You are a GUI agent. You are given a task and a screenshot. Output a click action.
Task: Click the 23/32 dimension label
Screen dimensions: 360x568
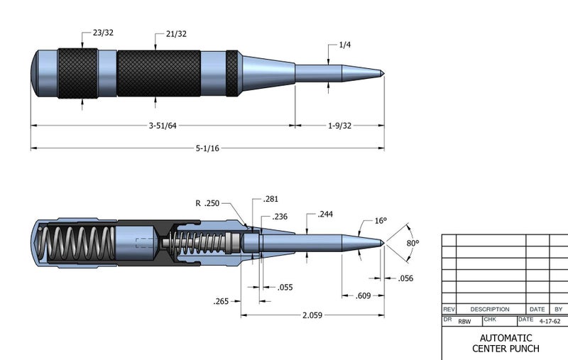coord(104,33)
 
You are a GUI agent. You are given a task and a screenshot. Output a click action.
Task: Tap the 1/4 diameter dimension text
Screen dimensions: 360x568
coord(346,45)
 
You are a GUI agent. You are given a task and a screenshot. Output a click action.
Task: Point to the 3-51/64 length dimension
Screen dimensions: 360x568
coord(163,126)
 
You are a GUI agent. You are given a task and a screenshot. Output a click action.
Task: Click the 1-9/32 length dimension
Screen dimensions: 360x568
coord(339,126)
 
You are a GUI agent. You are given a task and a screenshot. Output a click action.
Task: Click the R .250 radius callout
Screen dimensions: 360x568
coord(208,203)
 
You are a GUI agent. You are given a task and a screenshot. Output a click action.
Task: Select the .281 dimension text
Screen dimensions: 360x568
coord(271,200)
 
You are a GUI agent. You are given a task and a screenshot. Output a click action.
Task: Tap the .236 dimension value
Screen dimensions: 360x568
coord(280,217)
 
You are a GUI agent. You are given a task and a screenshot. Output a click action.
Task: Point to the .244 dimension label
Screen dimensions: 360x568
coord(326,214)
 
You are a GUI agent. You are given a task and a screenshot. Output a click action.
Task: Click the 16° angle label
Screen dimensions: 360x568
coord(381,221)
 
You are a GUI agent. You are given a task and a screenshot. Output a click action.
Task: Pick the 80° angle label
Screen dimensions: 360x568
coord(412,243)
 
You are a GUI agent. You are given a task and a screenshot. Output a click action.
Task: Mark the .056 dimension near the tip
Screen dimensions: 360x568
coord(406,278)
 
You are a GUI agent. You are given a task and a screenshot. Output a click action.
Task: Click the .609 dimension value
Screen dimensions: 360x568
coord(363,295)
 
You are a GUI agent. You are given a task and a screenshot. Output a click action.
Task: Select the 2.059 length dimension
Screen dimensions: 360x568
coord(312,315)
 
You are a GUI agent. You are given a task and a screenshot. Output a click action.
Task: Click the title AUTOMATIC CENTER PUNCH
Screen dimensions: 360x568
coord(505,343)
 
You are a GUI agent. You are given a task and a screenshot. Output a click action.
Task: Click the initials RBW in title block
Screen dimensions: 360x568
coord(464,322)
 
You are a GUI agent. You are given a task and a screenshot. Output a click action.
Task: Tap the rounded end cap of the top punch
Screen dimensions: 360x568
coord(36,72)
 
